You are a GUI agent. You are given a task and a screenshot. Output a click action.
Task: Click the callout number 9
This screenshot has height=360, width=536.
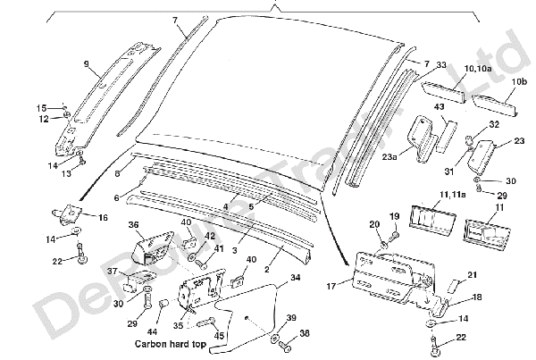pos(86,63)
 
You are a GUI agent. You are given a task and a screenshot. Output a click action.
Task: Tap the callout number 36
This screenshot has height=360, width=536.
pos(133,225)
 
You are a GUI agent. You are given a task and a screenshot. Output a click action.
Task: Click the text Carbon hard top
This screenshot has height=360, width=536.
pos(170,343)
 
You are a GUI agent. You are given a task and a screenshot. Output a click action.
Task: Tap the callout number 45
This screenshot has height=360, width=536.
pos(219,335)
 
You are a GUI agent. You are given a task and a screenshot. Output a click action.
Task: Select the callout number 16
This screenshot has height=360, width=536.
pos(103,217)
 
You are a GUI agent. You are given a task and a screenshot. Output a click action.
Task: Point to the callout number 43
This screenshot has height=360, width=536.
pos(439,108)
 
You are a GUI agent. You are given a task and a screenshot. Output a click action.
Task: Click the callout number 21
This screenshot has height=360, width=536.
pos(473,275)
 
